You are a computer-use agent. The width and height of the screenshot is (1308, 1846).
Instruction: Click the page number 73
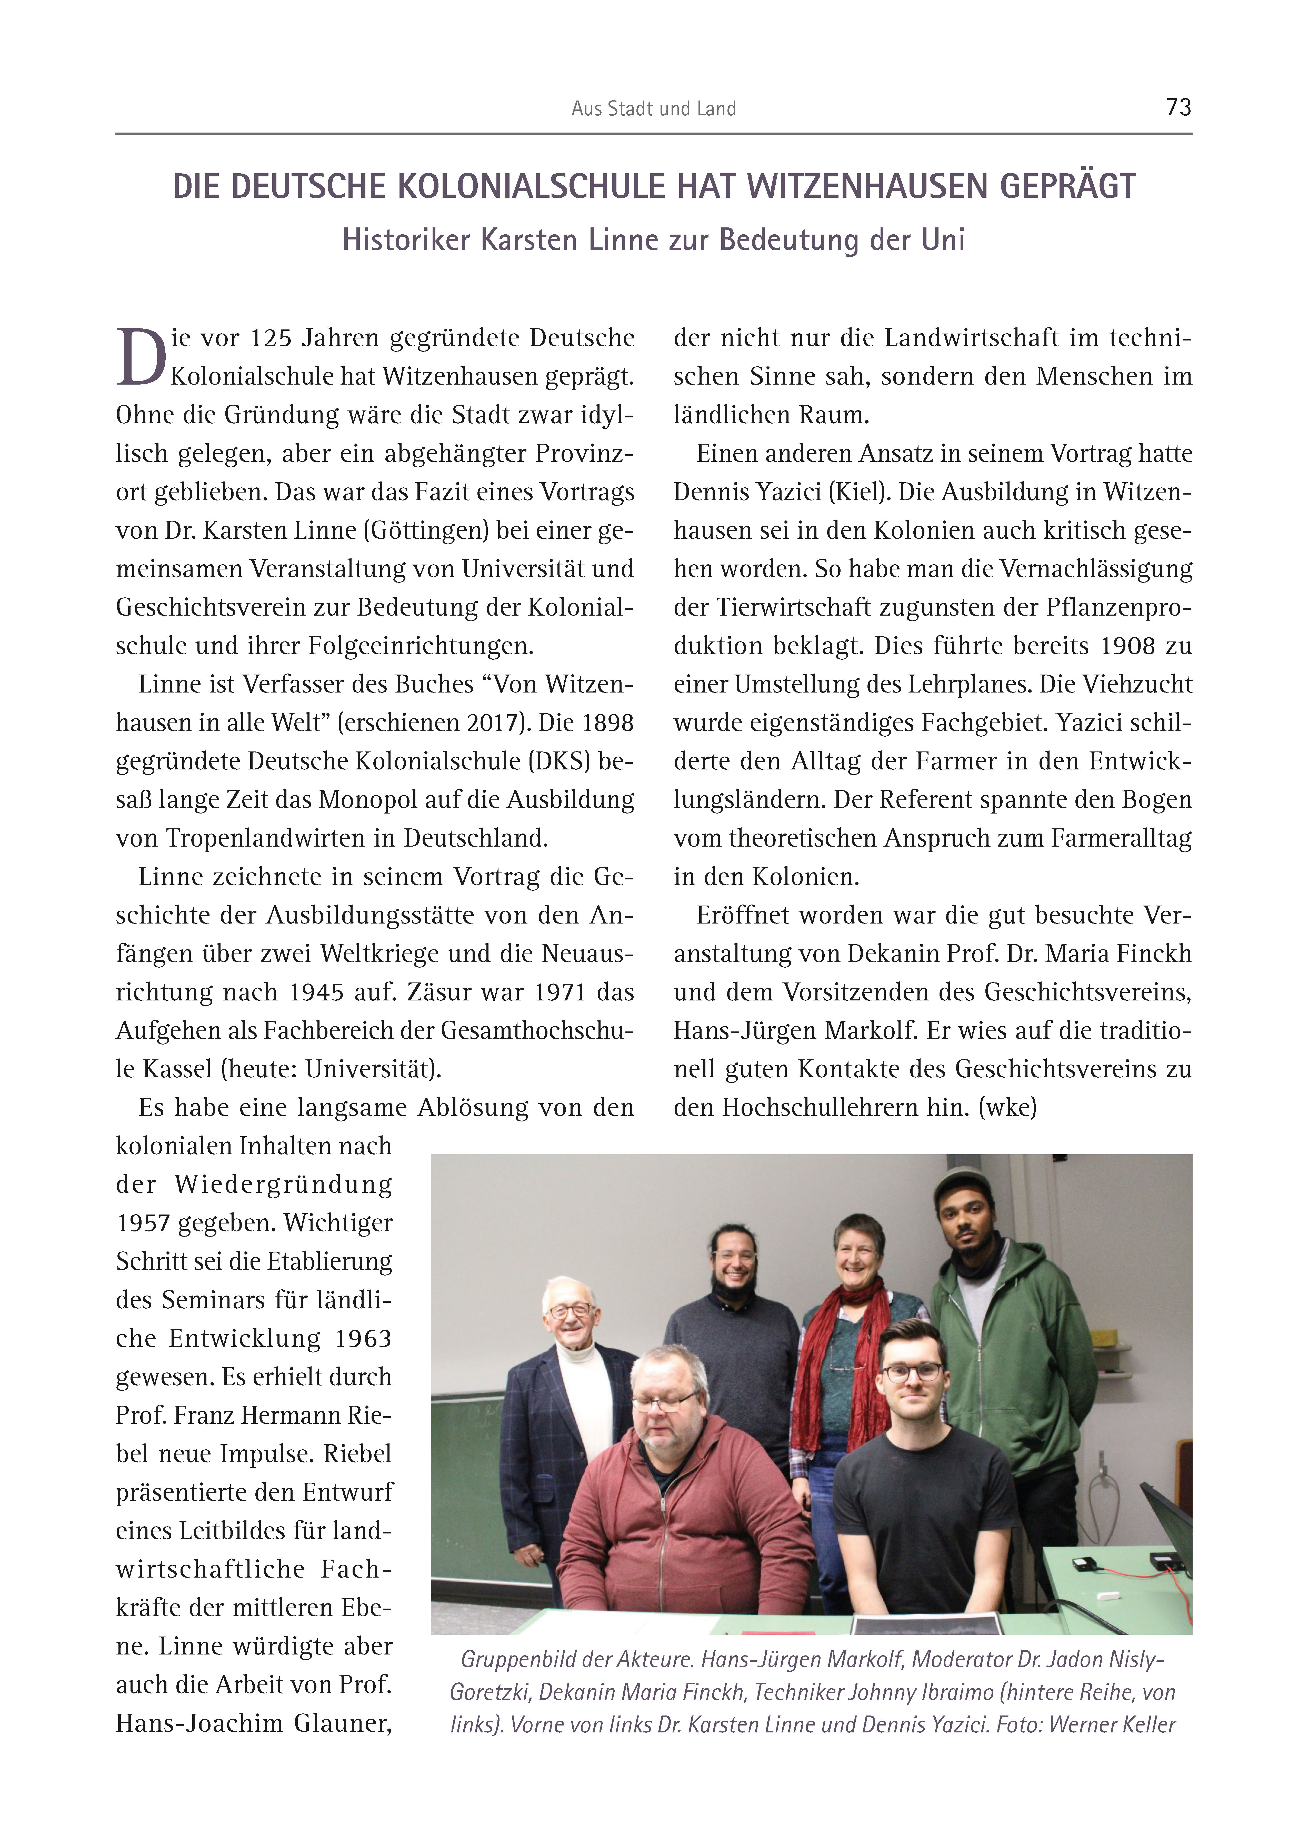point(1178,107)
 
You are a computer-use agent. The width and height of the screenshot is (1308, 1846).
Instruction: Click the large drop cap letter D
point(141,357)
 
